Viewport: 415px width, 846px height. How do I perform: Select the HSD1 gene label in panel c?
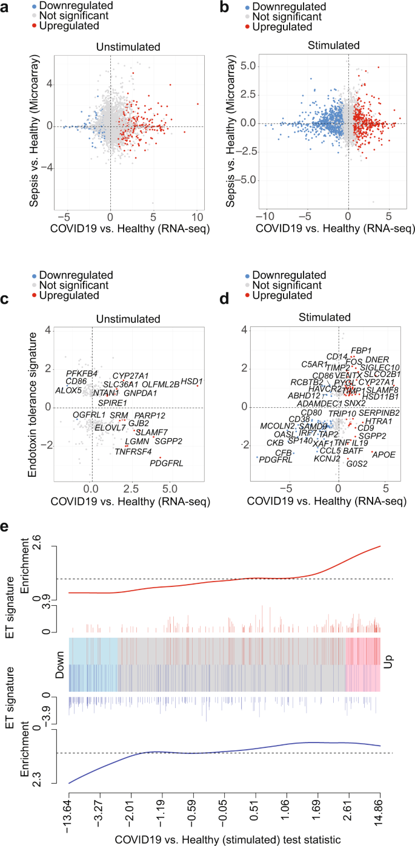pyautogui.click(x=191, y=381)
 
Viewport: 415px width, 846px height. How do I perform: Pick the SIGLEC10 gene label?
pyautogui.click(x=380, y=367)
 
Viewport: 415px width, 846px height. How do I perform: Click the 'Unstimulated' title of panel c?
pyautogui.click(x=131, y=318)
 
